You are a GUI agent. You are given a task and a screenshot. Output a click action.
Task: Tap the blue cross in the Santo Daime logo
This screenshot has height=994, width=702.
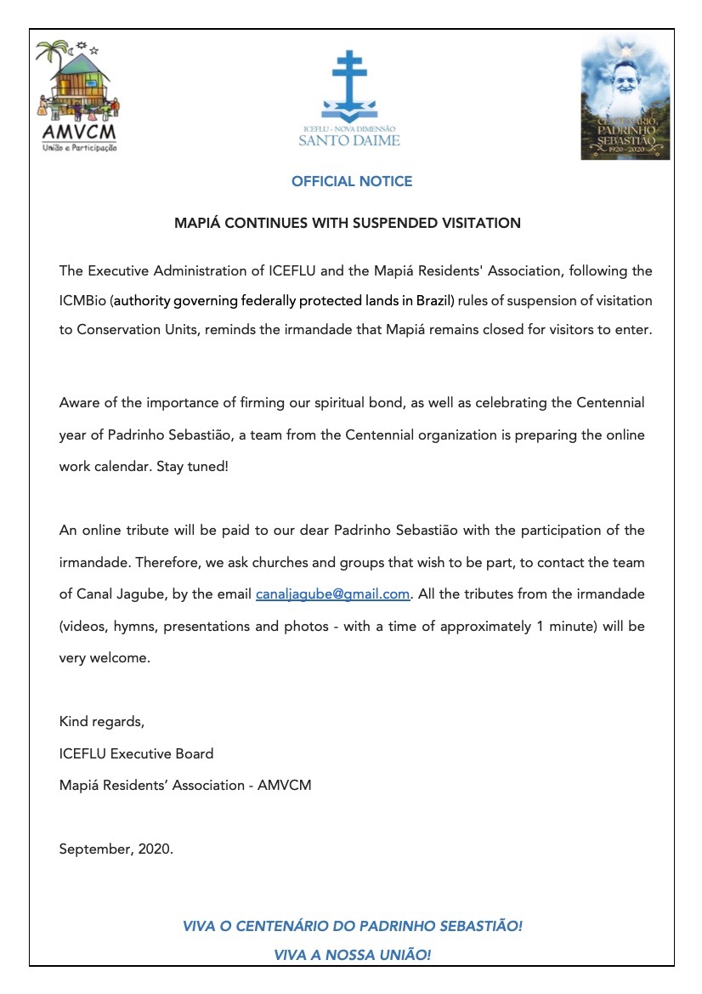point(348,81)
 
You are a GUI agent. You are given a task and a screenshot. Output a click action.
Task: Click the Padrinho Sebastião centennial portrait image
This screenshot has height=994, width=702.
point(625,98)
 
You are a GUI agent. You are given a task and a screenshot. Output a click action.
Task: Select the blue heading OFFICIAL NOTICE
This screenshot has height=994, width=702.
point(351,181)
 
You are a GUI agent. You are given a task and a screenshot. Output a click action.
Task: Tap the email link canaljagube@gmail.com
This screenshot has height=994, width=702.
point(333,594)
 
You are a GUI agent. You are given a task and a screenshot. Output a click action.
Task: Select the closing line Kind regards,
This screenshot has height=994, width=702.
point(102,722)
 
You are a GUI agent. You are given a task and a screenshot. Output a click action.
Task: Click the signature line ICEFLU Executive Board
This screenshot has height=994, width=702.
point(136,753)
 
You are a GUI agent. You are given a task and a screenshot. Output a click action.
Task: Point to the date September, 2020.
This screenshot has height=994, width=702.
point(116,849)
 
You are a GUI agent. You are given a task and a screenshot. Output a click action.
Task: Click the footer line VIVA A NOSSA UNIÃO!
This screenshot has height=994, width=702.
point(352,956)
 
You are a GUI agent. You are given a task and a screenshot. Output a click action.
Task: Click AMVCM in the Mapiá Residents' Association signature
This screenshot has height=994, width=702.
point(286,785)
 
